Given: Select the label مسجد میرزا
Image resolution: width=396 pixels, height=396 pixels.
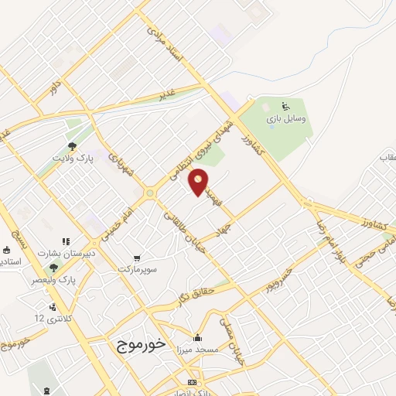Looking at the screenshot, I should coord(197,350).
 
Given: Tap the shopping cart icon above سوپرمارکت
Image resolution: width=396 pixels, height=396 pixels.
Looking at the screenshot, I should coord(137,257).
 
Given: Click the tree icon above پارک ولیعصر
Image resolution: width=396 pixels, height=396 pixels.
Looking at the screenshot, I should coord(53,268).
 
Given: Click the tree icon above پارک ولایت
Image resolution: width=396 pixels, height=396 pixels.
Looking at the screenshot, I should coord(72,145).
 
